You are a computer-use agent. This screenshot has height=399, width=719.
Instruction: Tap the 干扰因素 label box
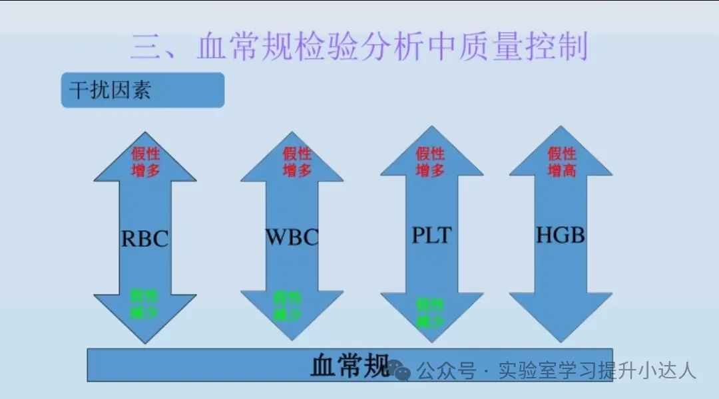pos(142,90)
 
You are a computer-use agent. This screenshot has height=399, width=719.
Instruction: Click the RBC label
pos(144,239)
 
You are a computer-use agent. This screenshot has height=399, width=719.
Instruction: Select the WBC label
pos(292,237)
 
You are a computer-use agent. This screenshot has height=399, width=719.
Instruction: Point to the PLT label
pos(430,235)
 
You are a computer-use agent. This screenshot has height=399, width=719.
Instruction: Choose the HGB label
pos(561,235)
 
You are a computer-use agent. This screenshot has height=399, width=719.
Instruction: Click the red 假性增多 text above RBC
pos(144,162)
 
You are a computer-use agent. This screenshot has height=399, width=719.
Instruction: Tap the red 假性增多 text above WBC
pos(297,162)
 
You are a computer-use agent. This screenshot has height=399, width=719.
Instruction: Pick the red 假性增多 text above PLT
pos(430,162)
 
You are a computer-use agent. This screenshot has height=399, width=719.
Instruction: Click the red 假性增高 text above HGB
pos(561,162)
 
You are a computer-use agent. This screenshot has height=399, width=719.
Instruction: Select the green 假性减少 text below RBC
pos(144,305)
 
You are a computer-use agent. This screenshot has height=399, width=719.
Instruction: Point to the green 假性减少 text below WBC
pos(288,305)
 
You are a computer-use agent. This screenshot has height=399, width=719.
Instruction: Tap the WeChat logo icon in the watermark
pos(400,370)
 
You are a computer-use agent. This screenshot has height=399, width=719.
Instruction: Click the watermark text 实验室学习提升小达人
pos(597,370)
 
